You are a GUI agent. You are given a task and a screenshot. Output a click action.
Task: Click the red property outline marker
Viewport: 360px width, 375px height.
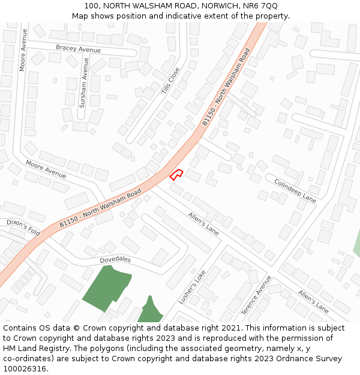click(x=176, y=175)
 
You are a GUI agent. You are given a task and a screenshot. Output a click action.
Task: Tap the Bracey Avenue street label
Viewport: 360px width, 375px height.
click(x=78, y=49)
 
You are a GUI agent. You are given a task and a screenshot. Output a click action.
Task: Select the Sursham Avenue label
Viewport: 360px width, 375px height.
click(x=84, y=83)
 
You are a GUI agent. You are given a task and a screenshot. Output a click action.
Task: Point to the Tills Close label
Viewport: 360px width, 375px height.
click(x=170, y=80)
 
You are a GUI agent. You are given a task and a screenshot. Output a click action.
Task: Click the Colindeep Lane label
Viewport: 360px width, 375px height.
click(x=295, y=190)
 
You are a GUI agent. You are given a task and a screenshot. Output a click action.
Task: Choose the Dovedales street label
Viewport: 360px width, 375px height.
click(x=115, y=260)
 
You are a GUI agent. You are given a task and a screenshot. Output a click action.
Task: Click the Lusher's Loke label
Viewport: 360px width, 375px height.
click(x=192, y=286)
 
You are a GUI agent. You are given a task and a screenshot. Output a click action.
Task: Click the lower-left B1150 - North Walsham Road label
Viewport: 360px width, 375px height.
click(x=100, y=208)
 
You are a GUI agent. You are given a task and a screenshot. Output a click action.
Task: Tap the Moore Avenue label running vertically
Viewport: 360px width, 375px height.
click(x=23, y=50)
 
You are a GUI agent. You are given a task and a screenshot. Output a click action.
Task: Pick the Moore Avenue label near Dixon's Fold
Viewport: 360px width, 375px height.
click(x=46, y=169)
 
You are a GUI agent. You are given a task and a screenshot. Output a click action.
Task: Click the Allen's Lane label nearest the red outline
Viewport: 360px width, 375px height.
click(x=203, y=223)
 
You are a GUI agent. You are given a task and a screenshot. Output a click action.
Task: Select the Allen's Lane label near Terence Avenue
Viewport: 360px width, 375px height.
click(x=313, y=301)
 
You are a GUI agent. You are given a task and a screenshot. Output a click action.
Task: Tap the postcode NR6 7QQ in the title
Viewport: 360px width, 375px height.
click(x=261, y=6)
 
